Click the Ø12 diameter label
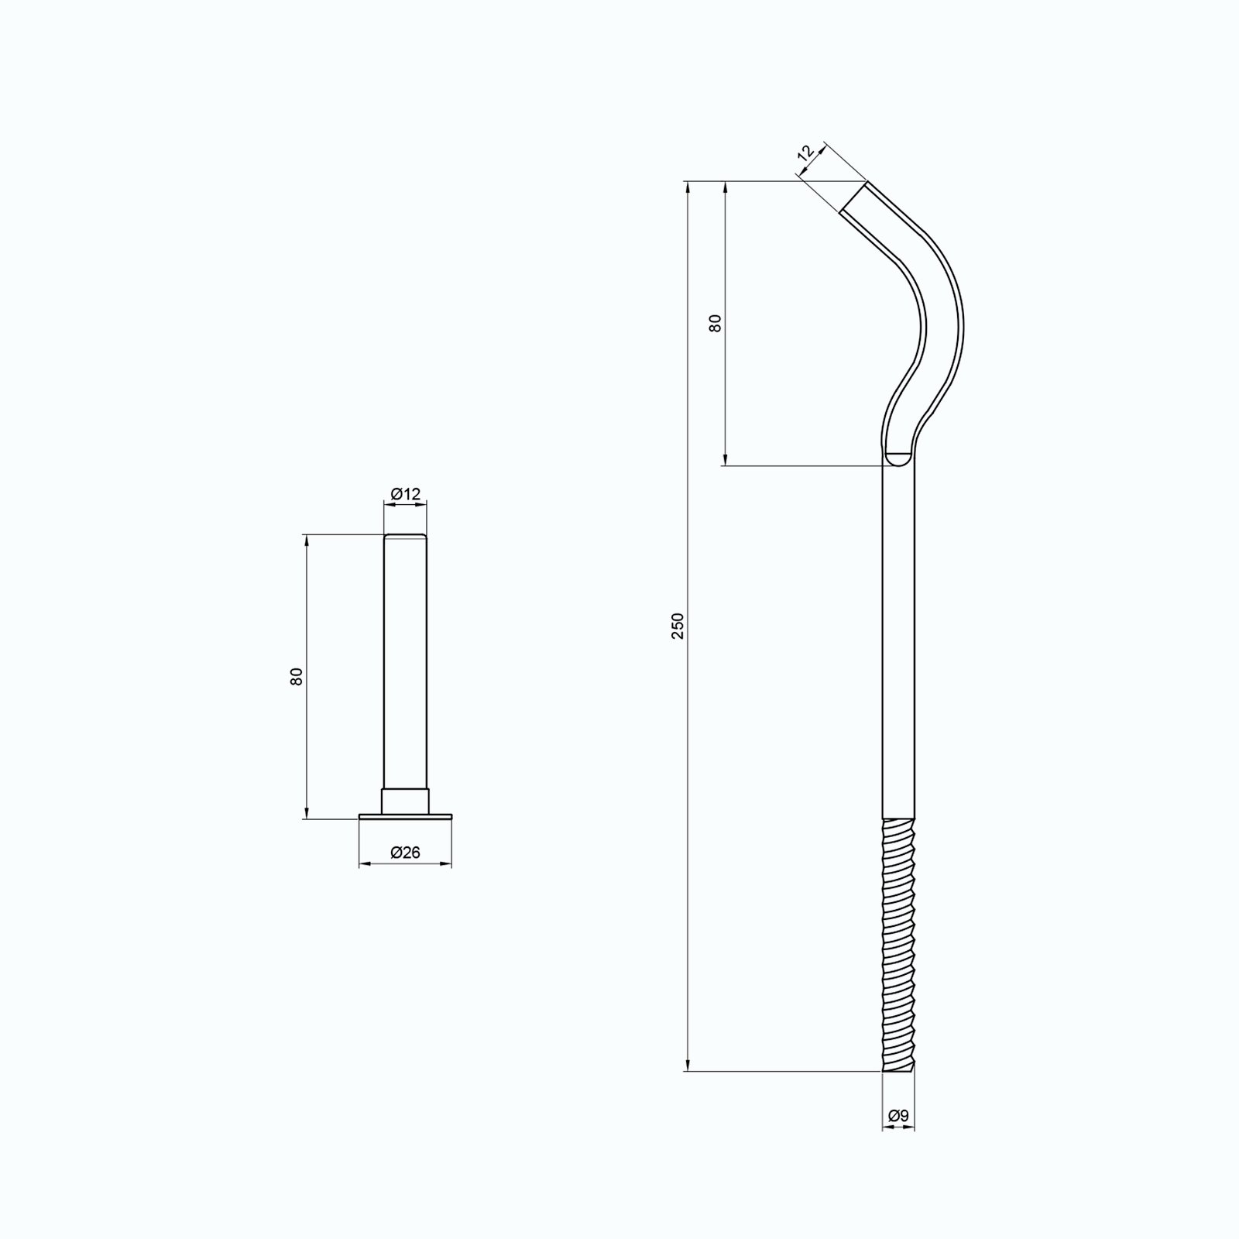tap(405, 493)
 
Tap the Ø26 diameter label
tap(405, 853)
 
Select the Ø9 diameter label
tap(898, 1116)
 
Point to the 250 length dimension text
tap(678, 626)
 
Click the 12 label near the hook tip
tap(806, 153)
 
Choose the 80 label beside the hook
tap(716, 323)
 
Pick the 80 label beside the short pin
tap(296, 676)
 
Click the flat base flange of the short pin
tap(405, 816)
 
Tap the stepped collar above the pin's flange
tap(405, 801)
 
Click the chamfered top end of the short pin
tap(405, 536)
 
